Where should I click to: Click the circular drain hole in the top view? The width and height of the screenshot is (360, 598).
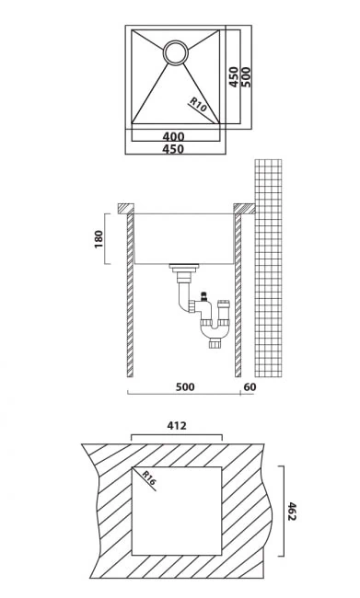coord(176,52)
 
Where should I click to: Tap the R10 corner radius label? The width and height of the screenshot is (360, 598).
coord(199,105)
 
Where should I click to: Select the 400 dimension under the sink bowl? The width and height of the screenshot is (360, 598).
coord(173,136)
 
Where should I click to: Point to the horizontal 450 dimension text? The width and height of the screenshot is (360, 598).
coord(173,149)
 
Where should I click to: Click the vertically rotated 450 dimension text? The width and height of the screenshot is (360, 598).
coord(234,76)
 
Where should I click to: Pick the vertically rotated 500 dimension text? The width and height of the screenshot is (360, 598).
coord(246,76)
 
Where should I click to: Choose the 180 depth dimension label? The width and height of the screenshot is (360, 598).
coord(99,239)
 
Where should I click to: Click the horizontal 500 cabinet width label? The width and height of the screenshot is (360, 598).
coord(185,386)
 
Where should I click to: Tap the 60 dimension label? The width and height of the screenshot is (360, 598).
coord(250,386)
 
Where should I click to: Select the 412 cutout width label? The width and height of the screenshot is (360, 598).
coord(177,426)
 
